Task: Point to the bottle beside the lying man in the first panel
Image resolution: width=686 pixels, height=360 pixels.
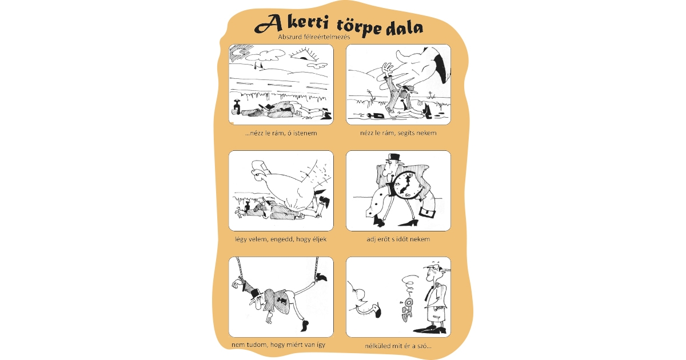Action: (235, 108)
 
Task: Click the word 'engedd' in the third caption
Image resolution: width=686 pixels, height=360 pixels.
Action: (283, 239)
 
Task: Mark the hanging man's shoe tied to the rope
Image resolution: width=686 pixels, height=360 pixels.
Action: (322, 278)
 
